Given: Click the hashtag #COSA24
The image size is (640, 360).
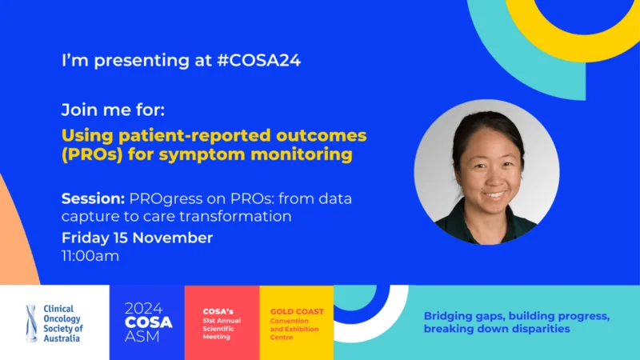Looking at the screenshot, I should [x=258, y=61].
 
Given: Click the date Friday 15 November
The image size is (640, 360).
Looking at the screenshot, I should [x=138, y=238].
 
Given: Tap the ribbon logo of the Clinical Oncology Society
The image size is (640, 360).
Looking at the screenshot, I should [x=31, y=323].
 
